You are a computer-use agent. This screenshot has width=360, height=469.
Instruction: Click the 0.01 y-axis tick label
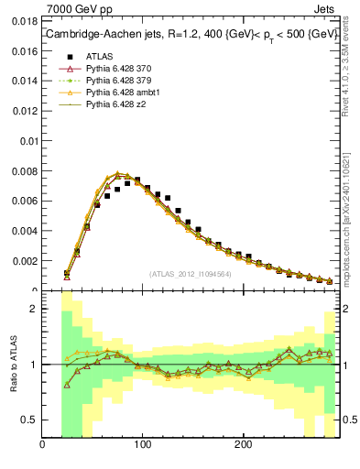pos(28,141)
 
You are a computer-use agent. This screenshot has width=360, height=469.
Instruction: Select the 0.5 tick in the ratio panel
pos(29,420)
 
